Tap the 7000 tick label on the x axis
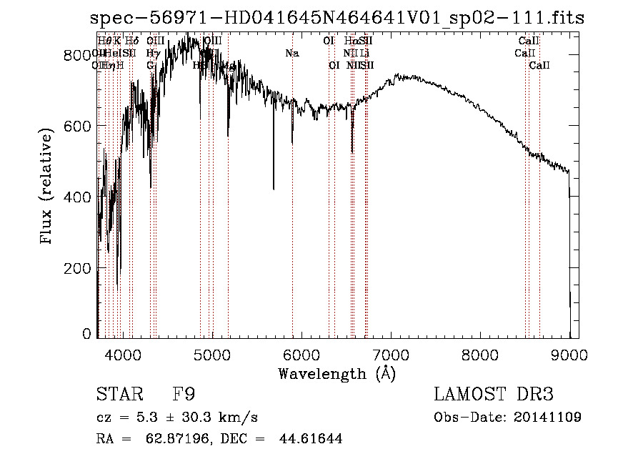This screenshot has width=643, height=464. click(x=391, y=354)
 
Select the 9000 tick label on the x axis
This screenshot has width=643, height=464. click(x=569, y=354)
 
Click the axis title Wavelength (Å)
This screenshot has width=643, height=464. click(x=337, y=373)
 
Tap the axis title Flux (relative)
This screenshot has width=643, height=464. click(x=47, y=187)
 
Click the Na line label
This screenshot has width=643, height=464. click(x=291, y=54)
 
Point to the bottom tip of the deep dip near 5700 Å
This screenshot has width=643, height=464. click(x=274, y=189)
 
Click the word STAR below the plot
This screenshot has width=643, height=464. click(x=115, y=395)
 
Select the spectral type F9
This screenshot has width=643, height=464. click(x=184, y=395)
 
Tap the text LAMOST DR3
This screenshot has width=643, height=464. click(x=494, y=395)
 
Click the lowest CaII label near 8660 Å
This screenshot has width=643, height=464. click(x=539, y=66)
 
